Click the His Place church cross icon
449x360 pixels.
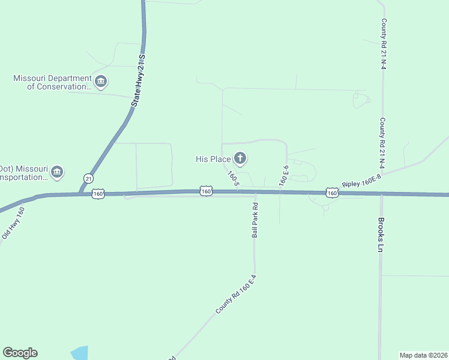pyautogui.click(x=240, y=159)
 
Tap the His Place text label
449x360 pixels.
pyautogui.click(x=213, y=159)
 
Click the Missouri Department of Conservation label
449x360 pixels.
pyautogui.click(x=52, y=82)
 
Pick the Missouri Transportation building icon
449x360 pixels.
pyautogui.click(x=57, y=172)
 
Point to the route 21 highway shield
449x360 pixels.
pyautogui.click(x=89, y=178)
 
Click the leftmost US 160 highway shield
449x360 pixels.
pyautogui.click(x=99, y=193)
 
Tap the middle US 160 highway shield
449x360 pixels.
pyautogui.click(x=206, y=191)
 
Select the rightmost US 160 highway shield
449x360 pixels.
pyautogui.click(x=332, y=193)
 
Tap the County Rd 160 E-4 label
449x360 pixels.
pyautogui.click(x=237, y=295)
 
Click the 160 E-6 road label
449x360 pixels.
pyautogui.click(x=283, y=174)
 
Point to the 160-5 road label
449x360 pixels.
pyautogui.click(x=233, y=178)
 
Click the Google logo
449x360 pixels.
pyautogui.click(x=20, y=353)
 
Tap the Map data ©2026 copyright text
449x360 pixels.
pyautogui.click(x=424, y=355)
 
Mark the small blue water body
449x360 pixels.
pyautogui.click(x=79, y=353)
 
